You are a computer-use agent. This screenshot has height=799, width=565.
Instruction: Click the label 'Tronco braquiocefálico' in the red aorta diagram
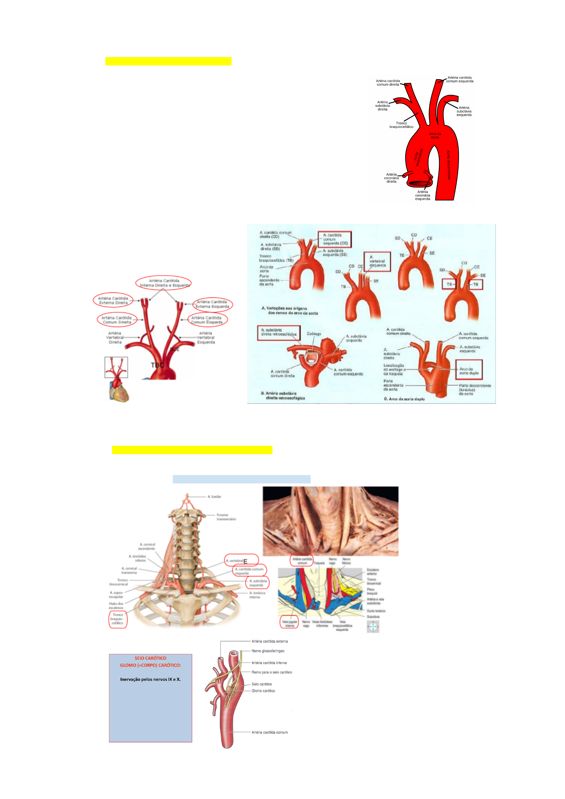pyautogui.click(x=401, y=125)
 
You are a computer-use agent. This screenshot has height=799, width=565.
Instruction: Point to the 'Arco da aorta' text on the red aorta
pyautogui.click(x=435, y=135)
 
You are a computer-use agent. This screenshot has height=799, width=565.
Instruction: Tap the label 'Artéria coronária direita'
pyautogui.click(x=392, y=178)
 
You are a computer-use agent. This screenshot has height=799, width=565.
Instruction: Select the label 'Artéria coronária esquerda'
pyautogui.click(x=422, y=195)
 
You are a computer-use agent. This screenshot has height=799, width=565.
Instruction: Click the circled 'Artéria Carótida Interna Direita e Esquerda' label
pyautogui.click(x=164, y=283)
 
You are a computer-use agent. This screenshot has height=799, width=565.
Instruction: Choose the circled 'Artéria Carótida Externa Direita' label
pyautogui.click(x=113, y=300)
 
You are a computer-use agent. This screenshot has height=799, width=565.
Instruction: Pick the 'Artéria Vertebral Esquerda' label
pyautogui.click(x=206, y=338)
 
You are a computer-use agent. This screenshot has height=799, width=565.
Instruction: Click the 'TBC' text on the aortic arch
pyautogui.click(x=157, y=365)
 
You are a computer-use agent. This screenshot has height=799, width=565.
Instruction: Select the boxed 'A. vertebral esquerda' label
pyautogui.click(x=377, y=262)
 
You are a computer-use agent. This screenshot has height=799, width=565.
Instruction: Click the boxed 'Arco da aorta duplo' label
pyautogui.click(x=469, y=371)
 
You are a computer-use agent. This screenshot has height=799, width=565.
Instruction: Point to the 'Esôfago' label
pyautogui.click(x=314, y=333)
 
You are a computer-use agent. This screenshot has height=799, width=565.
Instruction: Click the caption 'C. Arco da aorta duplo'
pyautogui.click(x=404, y=399)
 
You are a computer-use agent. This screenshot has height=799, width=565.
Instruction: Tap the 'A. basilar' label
pyautogui.click(x=214, y=497)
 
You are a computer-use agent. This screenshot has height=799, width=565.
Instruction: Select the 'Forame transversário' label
pyautogui.click(x=226, y=517)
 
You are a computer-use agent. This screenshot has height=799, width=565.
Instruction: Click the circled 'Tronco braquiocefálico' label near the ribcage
pyautogui.click(x=117, y=619)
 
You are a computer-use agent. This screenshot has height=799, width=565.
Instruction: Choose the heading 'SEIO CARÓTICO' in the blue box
pyautogui.click(x=150, y=658)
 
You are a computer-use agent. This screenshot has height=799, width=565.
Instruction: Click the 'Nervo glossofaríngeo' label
pyautogui.click(x=268, y=651)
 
